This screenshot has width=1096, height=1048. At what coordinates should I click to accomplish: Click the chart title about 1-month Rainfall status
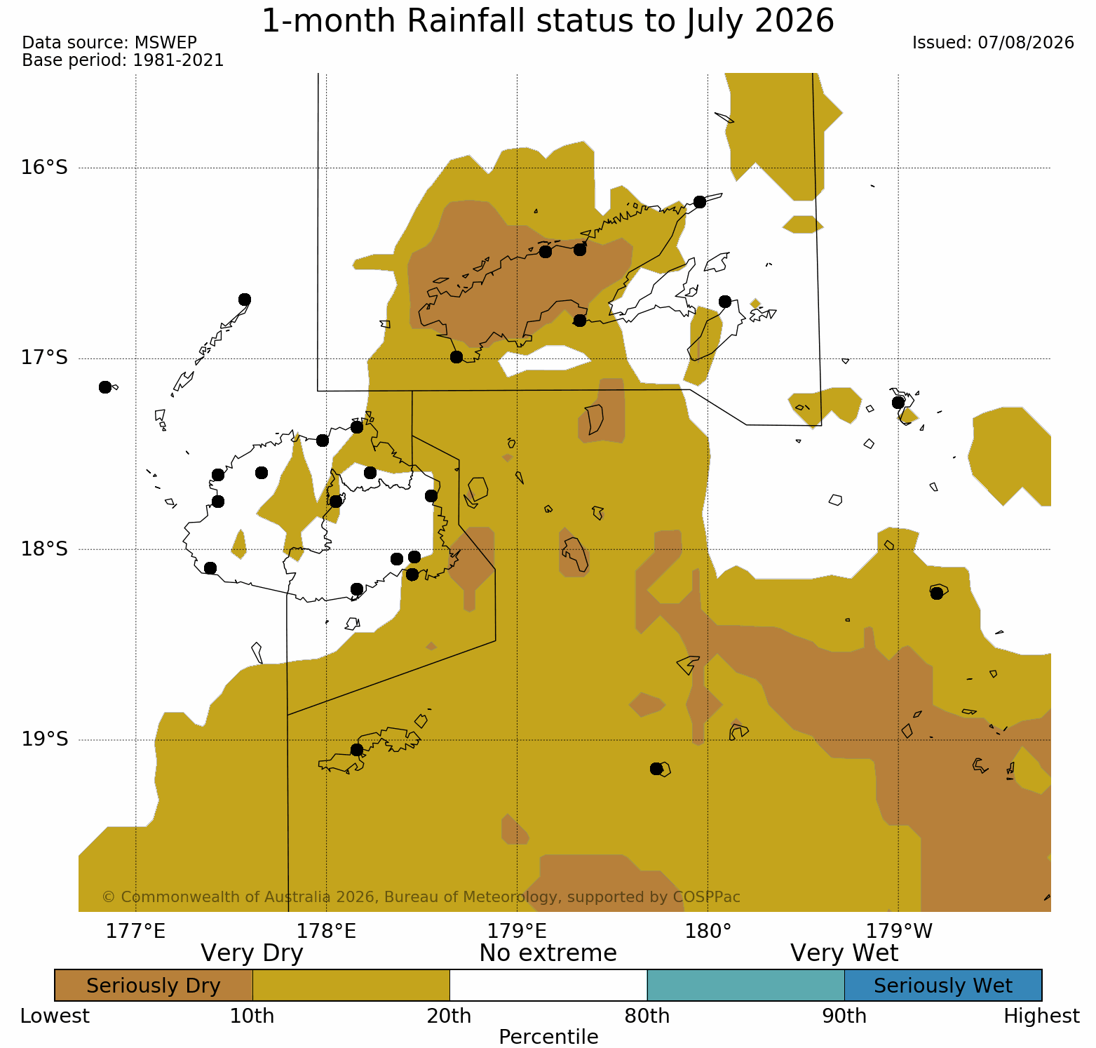coord(548,21)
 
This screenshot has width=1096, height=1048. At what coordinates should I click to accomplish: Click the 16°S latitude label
coord(44,168)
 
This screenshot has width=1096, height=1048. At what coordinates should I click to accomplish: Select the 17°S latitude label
coord(44,358)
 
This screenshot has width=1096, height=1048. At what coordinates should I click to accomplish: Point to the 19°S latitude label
coord(44,739)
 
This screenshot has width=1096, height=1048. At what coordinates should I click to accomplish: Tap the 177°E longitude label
coord(135,932)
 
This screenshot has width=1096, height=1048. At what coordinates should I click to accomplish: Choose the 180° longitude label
coord(708,932)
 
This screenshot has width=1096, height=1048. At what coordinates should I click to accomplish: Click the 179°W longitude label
coord(899,932)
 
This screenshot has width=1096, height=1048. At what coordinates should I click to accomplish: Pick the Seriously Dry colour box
coord(154,986)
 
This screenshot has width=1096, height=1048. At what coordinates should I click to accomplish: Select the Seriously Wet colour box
coord(943,986)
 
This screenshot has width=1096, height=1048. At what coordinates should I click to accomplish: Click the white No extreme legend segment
coord(548,986)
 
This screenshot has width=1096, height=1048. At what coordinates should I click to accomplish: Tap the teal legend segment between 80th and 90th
coord(746,986)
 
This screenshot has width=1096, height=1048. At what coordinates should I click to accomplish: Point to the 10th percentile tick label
coord(252,1016)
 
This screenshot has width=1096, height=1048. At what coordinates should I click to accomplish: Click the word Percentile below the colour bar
coord(548,1037)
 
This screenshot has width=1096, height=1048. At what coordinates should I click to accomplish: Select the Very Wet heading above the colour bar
coord(844,953)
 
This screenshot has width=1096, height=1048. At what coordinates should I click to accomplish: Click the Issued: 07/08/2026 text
coord(993,43)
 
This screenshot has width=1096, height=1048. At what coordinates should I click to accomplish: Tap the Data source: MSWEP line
coord(109,43)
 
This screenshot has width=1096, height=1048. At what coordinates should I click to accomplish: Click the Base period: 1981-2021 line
coord(123,60)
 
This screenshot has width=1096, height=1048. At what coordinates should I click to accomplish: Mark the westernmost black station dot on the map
coord(105,387)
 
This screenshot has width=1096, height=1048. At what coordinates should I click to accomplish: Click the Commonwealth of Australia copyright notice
coord(421,897)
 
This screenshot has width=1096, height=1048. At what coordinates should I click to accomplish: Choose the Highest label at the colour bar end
coord(1041,1016)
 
